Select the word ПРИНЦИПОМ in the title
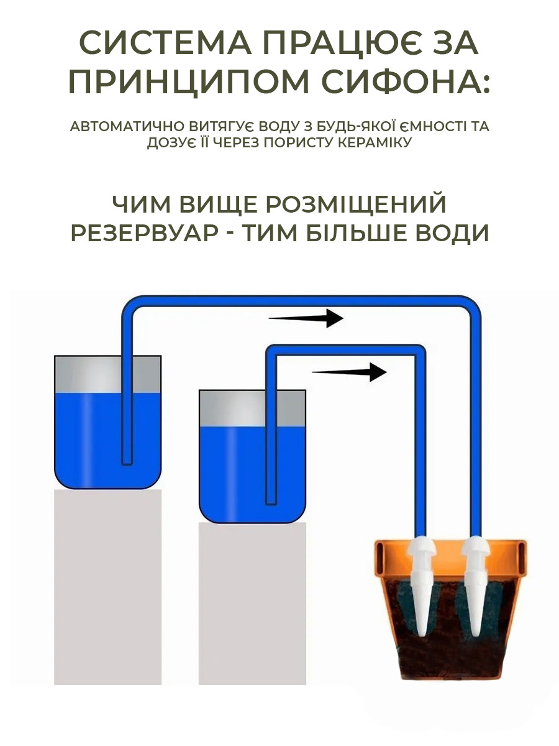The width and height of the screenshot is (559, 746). (x=189, y=81)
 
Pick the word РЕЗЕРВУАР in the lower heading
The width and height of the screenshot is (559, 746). (x=144, y=233)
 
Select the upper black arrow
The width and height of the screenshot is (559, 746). (x=306, y=318)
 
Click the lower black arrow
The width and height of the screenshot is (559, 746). (x=349, y=372)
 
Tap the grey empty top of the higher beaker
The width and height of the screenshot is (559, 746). (x=107, y=374)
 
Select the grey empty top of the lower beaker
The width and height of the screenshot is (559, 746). (x=252, y=408)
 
